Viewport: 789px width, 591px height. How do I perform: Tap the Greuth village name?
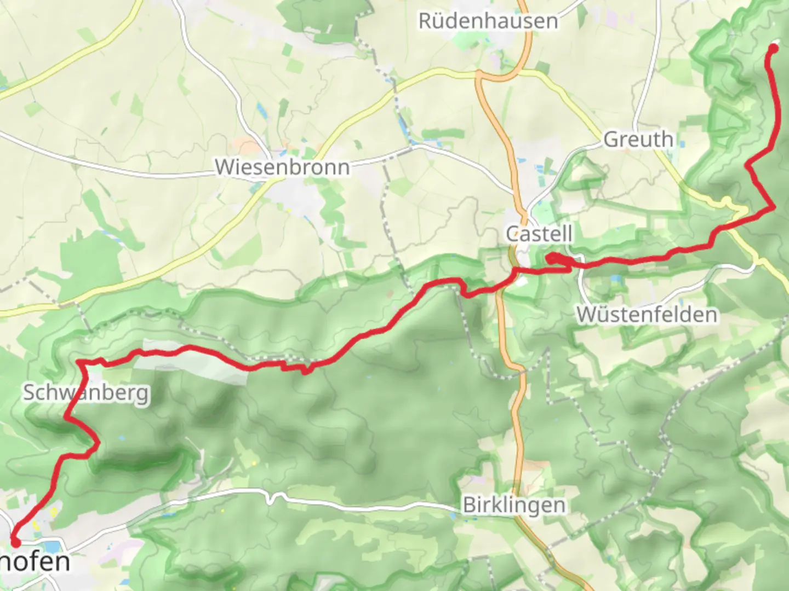(x=638, y=140)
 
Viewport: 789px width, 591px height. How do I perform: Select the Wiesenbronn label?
(x=282, y=167)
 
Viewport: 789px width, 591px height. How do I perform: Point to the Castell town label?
(x=539, y=234)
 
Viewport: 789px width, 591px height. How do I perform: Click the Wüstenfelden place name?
(x=647, y=315)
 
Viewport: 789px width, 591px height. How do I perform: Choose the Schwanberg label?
(x=86, y=393)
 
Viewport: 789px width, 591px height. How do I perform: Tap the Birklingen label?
(x=514, y=505)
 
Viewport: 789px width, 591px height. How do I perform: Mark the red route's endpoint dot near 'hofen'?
(x=15, y=542)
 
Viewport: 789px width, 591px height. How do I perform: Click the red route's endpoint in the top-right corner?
(x=774, y=48)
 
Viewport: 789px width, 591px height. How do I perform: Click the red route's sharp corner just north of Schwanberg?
(x=80, y=362)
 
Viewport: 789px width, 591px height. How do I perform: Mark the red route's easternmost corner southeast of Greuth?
(x=774, y=207)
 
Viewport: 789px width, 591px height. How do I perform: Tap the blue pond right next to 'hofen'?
(x=52, y=546)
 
